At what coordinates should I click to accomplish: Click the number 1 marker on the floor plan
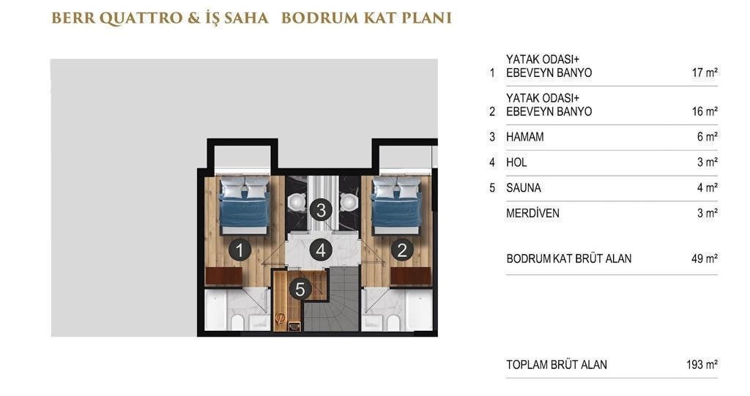[x=240, y=250]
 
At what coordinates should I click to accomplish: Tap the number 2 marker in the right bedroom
[x=402, y=250]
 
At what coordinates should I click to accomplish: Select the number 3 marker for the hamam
[x=321, y=210]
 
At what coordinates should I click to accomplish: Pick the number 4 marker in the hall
[x=321, y=250]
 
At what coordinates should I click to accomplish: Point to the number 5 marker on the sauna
[x=300, y=289]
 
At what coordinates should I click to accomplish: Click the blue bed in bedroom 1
[x=244, y=206]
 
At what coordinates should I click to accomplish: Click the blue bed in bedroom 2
[x=397, y=206]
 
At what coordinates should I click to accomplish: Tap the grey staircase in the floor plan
[x=332, y=299]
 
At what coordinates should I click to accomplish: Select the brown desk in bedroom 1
[x=224, y=277]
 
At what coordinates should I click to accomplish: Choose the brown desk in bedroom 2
[x=410, y=277]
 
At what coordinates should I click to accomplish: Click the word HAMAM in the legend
[x=524, y=137]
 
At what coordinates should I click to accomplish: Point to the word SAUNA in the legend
[x=523, y=188]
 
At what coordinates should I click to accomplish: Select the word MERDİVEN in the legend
[x=532, y=213]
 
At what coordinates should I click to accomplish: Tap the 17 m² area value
[x=705, y=72]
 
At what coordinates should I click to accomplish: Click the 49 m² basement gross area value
[x=704, y=258]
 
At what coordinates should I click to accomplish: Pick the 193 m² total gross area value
[x=702, y=365]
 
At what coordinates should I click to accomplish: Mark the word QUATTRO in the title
[x=142, y=18]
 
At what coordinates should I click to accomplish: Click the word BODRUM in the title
[x=319, y=18]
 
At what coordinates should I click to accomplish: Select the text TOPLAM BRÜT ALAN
[x=557, y=365]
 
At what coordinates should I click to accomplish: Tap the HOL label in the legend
[x=516, y=162]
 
